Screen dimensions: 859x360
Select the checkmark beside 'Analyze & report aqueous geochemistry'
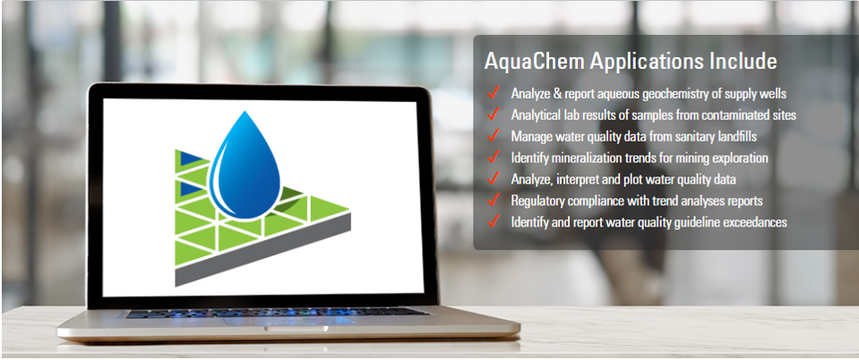pyautogui.click(x=493, y=92)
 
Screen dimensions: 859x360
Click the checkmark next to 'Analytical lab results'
pyautogui.click(x=493, y=114)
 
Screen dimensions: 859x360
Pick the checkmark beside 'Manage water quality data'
pyautogui.click(x=493, y=135)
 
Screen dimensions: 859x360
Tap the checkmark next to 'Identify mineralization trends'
pyautogui.click(x=493, y=157)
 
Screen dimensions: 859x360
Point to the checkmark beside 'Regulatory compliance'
pyautogui.click(x=493, y=200)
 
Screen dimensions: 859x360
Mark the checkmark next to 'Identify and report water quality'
pyautogui.click(x=493, y=221)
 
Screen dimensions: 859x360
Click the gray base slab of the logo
pyautogui.click(x=263, y=249)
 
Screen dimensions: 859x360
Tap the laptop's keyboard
pyautogui.click(x=277, y=313)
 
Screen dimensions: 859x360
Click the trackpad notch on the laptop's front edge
pyautogui.click(x=296, y=329)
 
